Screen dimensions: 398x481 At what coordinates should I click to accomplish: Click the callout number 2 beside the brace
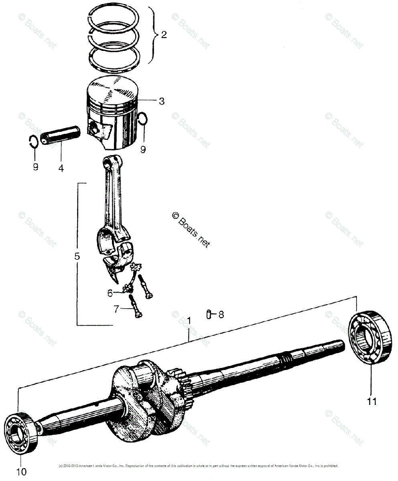[x=163, y=35]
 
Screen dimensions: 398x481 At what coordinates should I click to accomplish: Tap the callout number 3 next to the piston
[x=161, y=101]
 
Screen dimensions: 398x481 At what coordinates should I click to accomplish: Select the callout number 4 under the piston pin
[x=61, y=168]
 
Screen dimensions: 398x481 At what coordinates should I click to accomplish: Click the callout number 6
[x=110, y=293]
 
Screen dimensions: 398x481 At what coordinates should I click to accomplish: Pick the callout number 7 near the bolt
[x=116, y=309]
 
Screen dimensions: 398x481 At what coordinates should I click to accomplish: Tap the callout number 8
[x=221, y=315]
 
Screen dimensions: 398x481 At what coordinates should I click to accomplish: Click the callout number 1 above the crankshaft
[x=189, y=321]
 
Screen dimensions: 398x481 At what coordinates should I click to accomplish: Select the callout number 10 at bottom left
[x=22, y=472]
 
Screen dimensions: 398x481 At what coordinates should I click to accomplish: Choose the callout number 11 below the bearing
[x=372, y=400]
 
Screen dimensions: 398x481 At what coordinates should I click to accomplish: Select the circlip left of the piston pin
[x=34, y=141]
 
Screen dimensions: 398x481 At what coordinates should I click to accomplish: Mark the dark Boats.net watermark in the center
[x=191, y=228]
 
